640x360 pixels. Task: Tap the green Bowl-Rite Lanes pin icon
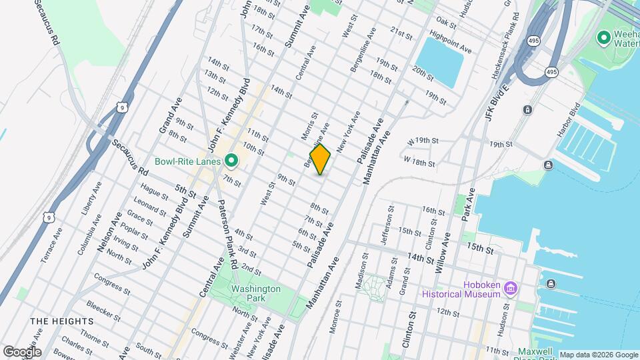pos(231,161)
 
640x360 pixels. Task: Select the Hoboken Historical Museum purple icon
pos(511,288)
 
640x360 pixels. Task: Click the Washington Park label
pos(255,293)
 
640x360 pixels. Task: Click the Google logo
pos(22,351)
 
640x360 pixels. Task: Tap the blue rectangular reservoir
pos(440,61)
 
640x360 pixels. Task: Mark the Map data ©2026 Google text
pos(598,355)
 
